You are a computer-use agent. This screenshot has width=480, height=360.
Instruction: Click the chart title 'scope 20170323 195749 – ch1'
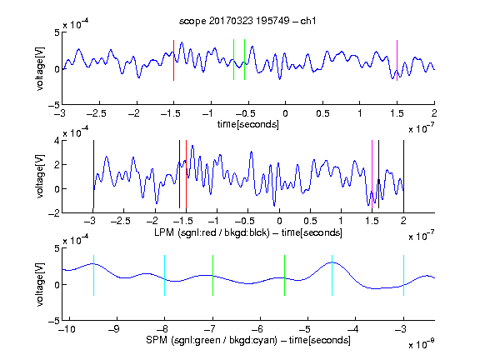pyautogui.click(x=247, y=21)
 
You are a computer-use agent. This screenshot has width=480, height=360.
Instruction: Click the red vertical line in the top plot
pyautogui.click(x=173, y=60)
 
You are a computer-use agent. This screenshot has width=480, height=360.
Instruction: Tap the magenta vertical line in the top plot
pyautogui.click(x=397, y=60)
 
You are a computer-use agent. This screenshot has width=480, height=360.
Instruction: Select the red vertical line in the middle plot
pyautogui.click(x=186, y=174)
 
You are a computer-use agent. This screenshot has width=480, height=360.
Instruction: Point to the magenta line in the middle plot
pyautogui.click(x=372, y=174)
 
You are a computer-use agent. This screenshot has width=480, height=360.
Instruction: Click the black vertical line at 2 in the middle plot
pyautogui.click(x=403, y=174)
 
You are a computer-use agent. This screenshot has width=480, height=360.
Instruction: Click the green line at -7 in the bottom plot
pyautogui.click(x=212, y=275)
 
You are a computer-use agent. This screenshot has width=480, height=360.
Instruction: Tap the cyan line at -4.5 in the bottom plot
pyautogui.click(x=332, y=275)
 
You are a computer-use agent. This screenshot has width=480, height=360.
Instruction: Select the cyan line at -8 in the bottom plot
pyautogui.click(x=165, y=275)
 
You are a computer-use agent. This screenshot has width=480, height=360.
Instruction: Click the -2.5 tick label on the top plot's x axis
pyautogui.click(x=96, y=113)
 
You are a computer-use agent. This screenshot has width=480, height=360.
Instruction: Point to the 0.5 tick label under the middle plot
pyautogui.click(x=310, y=221)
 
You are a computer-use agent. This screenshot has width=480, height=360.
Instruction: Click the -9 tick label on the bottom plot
pyautogui.click(x=114, y=329)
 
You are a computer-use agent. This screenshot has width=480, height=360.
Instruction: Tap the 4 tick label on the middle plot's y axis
pyautogui.click(x=56, y=141)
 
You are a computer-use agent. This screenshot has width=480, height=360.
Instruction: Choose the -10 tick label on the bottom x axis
pyautogui.click(x=67, y=329)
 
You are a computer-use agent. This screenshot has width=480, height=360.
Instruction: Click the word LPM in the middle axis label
pyautogui.click(x=164, y=232)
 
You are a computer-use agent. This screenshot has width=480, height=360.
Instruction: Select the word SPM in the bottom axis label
pyautogui.click(x=157, y=340)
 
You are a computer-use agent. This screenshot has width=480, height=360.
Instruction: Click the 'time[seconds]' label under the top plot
pyautogui.click(x=248, y=124)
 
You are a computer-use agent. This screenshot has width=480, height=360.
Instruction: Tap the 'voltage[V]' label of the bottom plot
pyautogui.click(x=40, y=284)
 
